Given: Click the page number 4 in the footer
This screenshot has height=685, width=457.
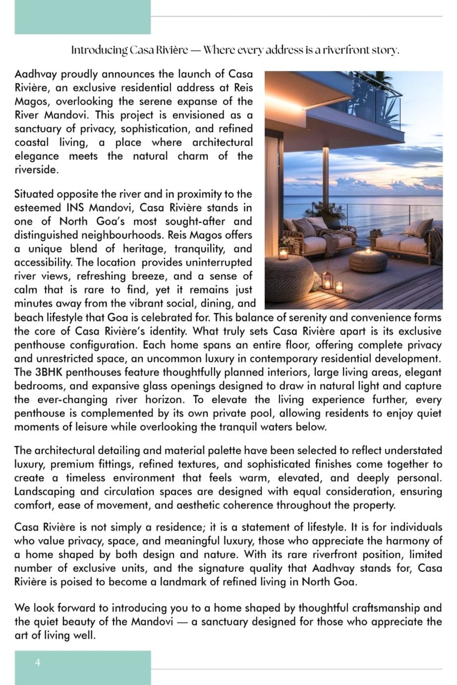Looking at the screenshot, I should tap(37, 663).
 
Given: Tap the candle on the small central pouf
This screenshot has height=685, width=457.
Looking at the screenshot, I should tap(368, 251).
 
